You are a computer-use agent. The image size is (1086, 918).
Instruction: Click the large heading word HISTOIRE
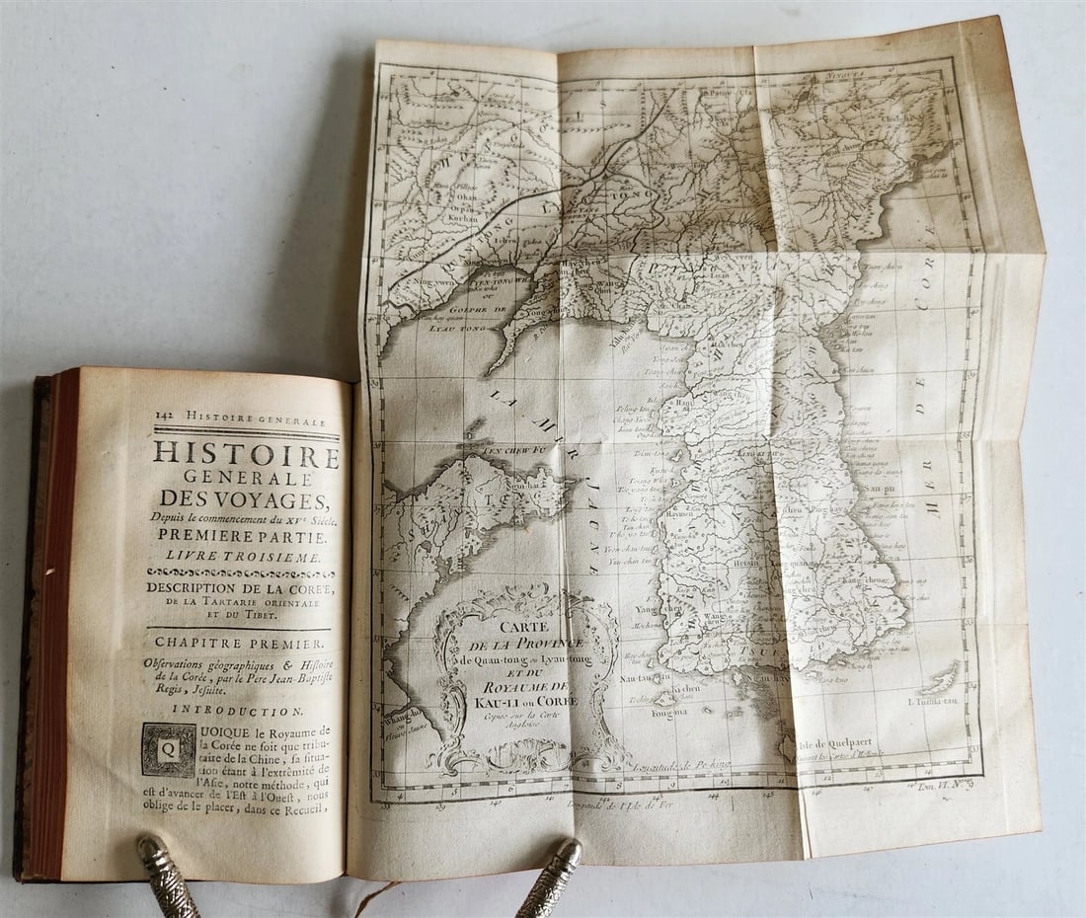(x=246, y=455)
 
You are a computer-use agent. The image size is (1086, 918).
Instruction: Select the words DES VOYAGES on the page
(x=245, y=496)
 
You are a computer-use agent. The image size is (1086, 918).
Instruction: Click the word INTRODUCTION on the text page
(x=237, y=709)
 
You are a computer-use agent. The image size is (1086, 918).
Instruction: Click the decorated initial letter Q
(x=168, y=749)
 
